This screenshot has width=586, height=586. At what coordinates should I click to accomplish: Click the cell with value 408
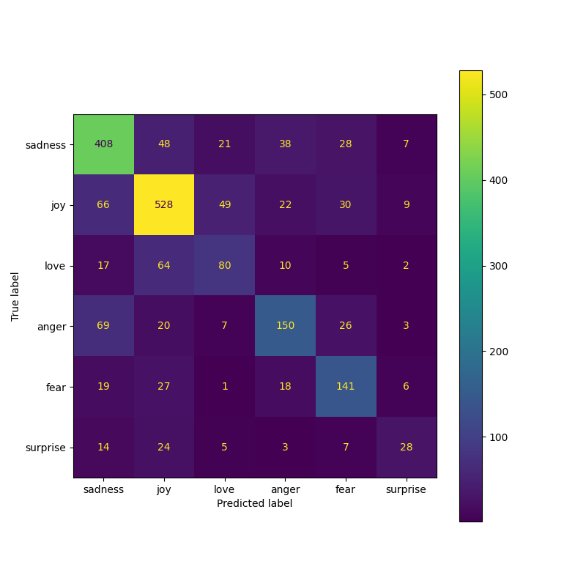point(103,144)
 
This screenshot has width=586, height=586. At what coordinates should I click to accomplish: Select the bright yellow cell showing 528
point(164,204)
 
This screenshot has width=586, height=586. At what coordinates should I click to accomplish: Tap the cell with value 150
point(285,325)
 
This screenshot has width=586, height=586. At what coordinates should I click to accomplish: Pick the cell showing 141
point(345,386)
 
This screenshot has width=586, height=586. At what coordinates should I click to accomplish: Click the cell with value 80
point(224,265)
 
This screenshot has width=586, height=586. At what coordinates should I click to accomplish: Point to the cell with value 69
point(103,325)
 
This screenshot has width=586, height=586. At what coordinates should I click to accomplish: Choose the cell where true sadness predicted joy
point(164,144)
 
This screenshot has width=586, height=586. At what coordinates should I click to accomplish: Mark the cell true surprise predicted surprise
point(406,447)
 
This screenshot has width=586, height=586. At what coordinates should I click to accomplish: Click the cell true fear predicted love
point(224,386)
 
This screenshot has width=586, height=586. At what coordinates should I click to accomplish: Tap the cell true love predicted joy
point(164,265)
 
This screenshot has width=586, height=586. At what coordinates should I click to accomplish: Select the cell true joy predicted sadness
point(103,204)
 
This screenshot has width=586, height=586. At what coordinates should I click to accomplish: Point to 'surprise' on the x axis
point(406,489)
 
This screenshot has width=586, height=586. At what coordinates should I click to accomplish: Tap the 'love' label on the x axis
point(224,489)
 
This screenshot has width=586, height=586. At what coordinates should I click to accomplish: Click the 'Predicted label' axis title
point(254,503)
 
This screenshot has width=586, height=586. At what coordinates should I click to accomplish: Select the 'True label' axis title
point(15,296)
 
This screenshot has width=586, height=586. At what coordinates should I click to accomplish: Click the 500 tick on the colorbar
point(500,94)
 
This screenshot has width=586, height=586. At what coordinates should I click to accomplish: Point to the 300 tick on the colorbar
point(500,266)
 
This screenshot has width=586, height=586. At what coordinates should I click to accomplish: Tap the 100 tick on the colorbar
point(500,437)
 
